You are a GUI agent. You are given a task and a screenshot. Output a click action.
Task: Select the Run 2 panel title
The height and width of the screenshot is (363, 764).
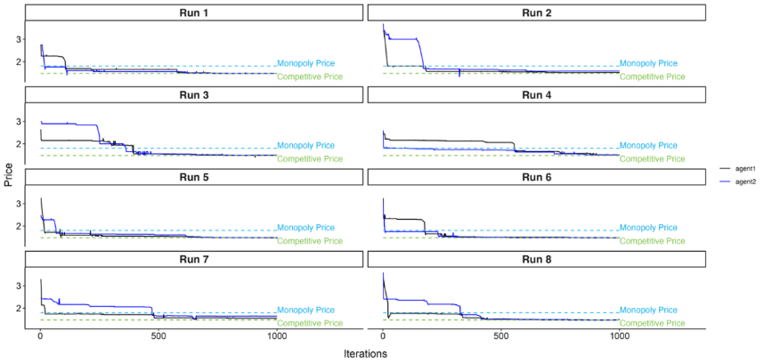[536, 12]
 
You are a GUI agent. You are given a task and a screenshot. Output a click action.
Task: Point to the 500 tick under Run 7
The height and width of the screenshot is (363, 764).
[158, 337]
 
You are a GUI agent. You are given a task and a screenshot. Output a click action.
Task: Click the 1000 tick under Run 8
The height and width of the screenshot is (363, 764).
[618, 337]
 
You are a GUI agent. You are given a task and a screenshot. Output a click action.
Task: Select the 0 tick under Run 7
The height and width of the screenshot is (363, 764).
[40, 337]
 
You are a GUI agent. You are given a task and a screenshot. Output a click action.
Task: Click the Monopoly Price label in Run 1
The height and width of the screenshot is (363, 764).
[305, 64]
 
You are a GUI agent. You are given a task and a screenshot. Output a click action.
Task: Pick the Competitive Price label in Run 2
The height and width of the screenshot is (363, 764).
[652, 77]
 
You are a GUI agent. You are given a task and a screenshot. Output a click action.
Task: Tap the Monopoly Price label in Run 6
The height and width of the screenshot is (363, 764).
[648, 228]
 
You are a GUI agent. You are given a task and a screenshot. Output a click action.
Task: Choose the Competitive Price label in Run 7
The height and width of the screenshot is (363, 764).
[309, 323]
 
